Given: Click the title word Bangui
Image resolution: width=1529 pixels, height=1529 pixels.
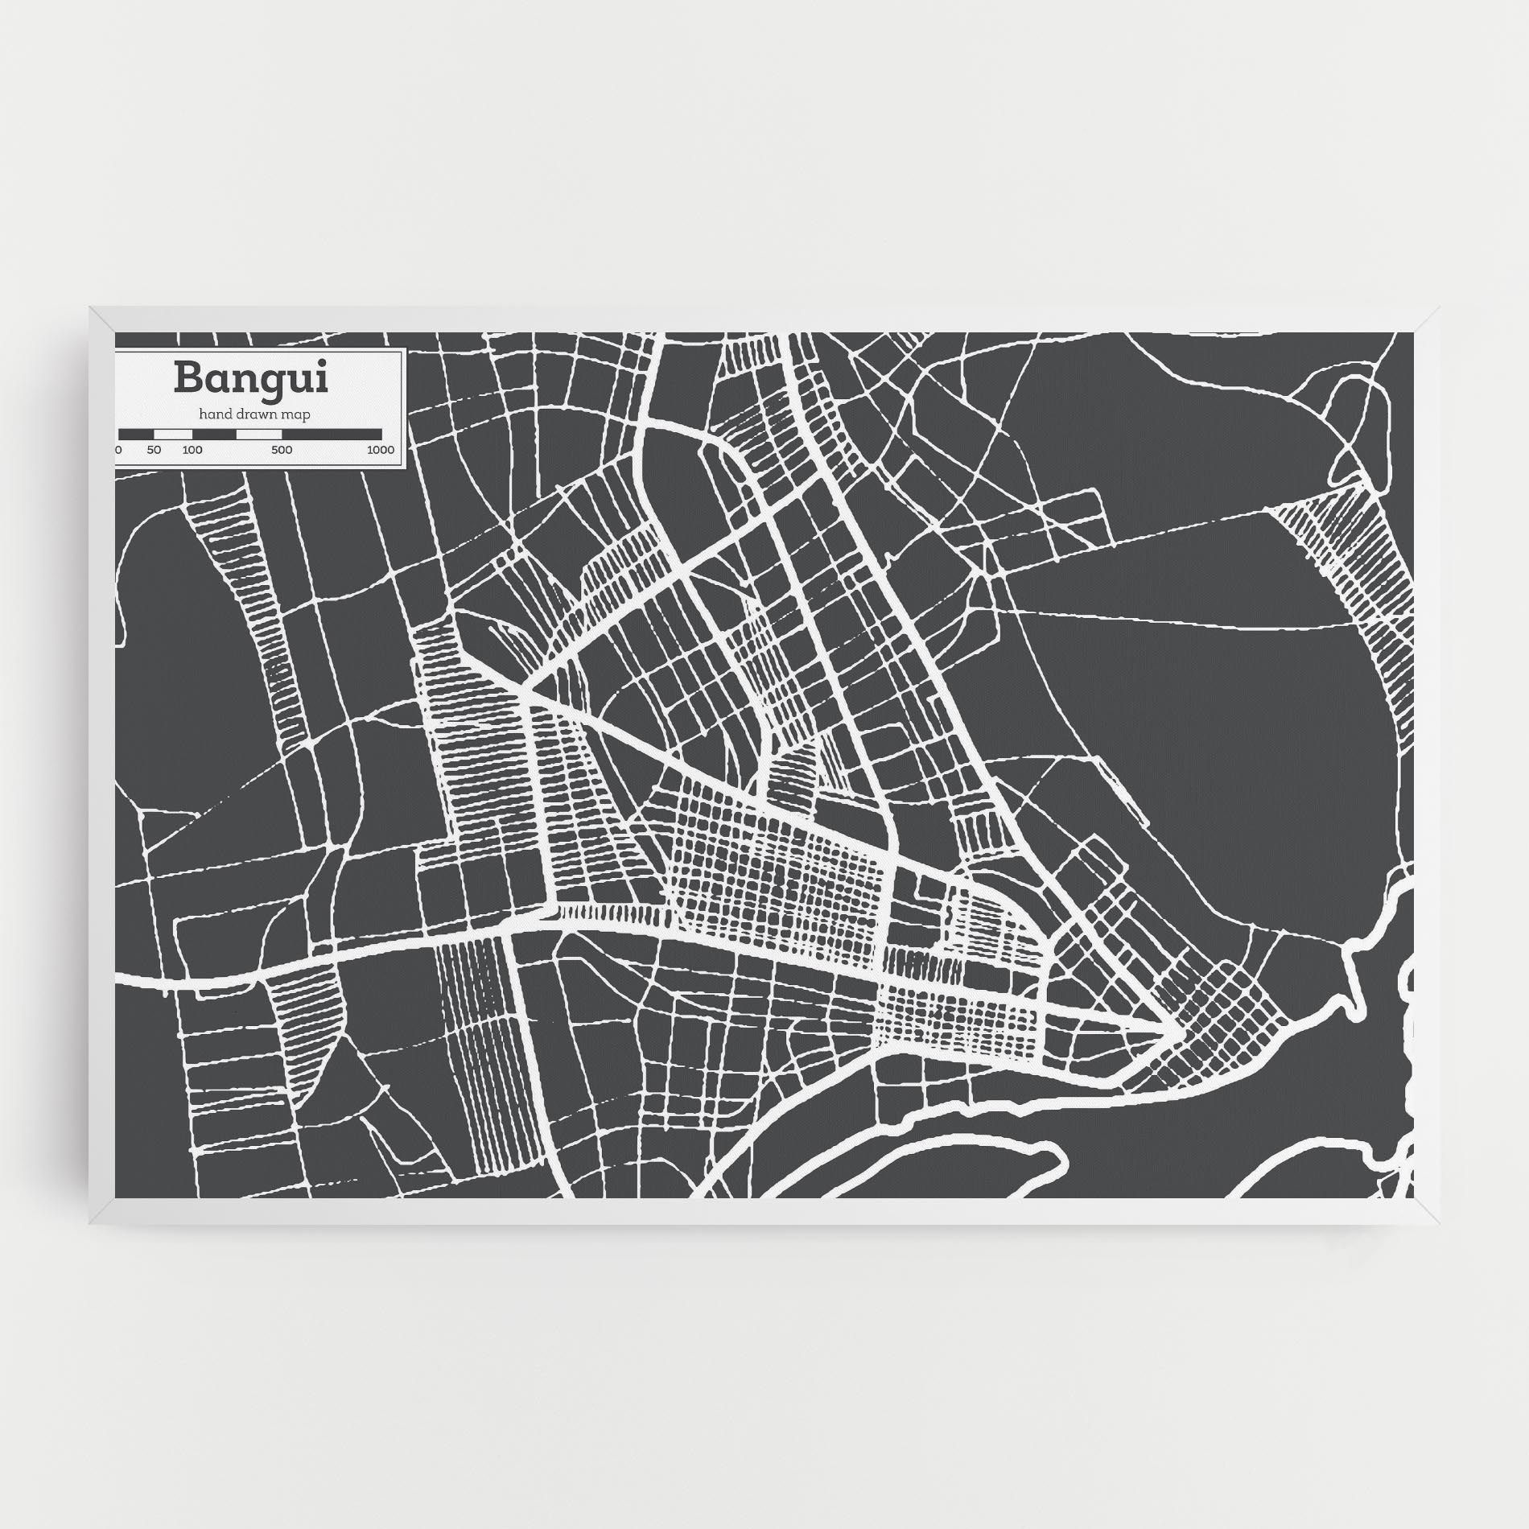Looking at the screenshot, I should (251, 378).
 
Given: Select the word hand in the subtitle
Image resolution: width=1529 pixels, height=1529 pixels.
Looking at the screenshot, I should (214, 414).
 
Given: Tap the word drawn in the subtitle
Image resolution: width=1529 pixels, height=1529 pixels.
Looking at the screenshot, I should (257, 414).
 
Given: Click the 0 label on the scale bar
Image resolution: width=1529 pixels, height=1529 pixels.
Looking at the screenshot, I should (118, 450).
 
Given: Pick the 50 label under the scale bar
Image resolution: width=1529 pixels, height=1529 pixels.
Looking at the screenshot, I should (155, 450).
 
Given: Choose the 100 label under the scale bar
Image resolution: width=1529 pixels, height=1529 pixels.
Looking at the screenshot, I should (192, 450).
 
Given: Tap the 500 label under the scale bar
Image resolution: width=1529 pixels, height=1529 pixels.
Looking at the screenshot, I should (282, 450).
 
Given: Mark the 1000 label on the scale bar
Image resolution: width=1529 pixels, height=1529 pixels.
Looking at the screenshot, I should (381, 450).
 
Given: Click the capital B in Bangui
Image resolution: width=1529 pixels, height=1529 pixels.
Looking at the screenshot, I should (188, 378).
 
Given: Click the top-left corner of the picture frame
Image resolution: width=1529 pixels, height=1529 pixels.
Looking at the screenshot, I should (91, 307).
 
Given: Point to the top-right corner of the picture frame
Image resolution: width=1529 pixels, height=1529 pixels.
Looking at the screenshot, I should (1439, 307).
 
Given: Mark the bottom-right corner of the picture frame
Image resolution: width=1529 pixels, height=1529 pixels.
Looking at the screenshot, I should (1439, 1223).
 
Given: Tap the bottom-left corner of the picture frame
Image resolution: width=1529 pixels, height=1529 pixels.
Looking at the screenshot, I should (91, 1223).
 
